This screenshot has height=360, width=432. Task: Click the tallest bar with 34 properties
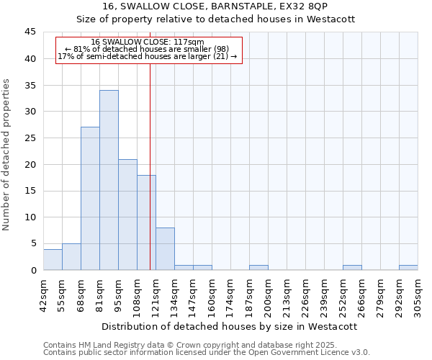pos(109,180)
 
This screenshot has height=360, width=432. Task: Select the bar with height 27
pos(90,199)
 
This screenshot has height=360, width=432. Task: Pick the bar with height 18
pos(146,222)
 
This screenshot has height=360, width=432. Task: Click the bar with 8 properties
pos(165,249)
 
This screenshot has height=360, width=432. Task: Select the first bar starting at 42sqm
pos(53,259)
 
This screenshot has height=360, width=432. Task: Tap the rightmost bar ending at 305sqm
pos(408,268)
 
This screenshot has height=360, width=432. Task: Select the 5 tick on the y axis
pos(33,243)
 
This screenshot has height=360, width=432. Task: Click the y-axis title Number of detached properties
pos(7,155)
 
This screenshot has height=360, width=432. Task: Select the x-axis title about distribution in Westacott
pos(230,326)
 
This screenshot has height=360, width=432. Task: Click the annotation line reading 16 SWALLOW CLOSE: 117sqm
pos(148,42)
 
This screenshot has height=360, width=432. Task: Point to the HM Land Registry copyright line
pos(194,346)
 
